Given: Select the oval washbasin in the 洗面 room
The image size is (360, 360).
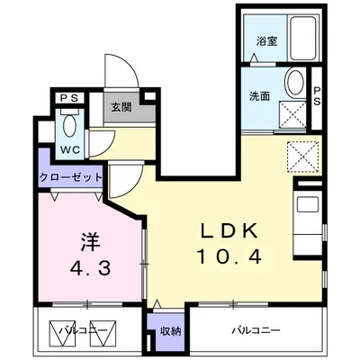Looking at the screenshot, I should pos(293,85).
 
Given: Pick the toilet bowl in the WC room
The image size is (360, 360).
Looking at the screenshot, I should pos(69,123).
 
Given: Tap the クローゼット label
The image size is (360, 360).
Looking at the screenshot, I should pos(70,177).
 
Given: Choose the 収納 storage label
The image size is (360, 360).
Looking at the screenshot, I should pos(169,331).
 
